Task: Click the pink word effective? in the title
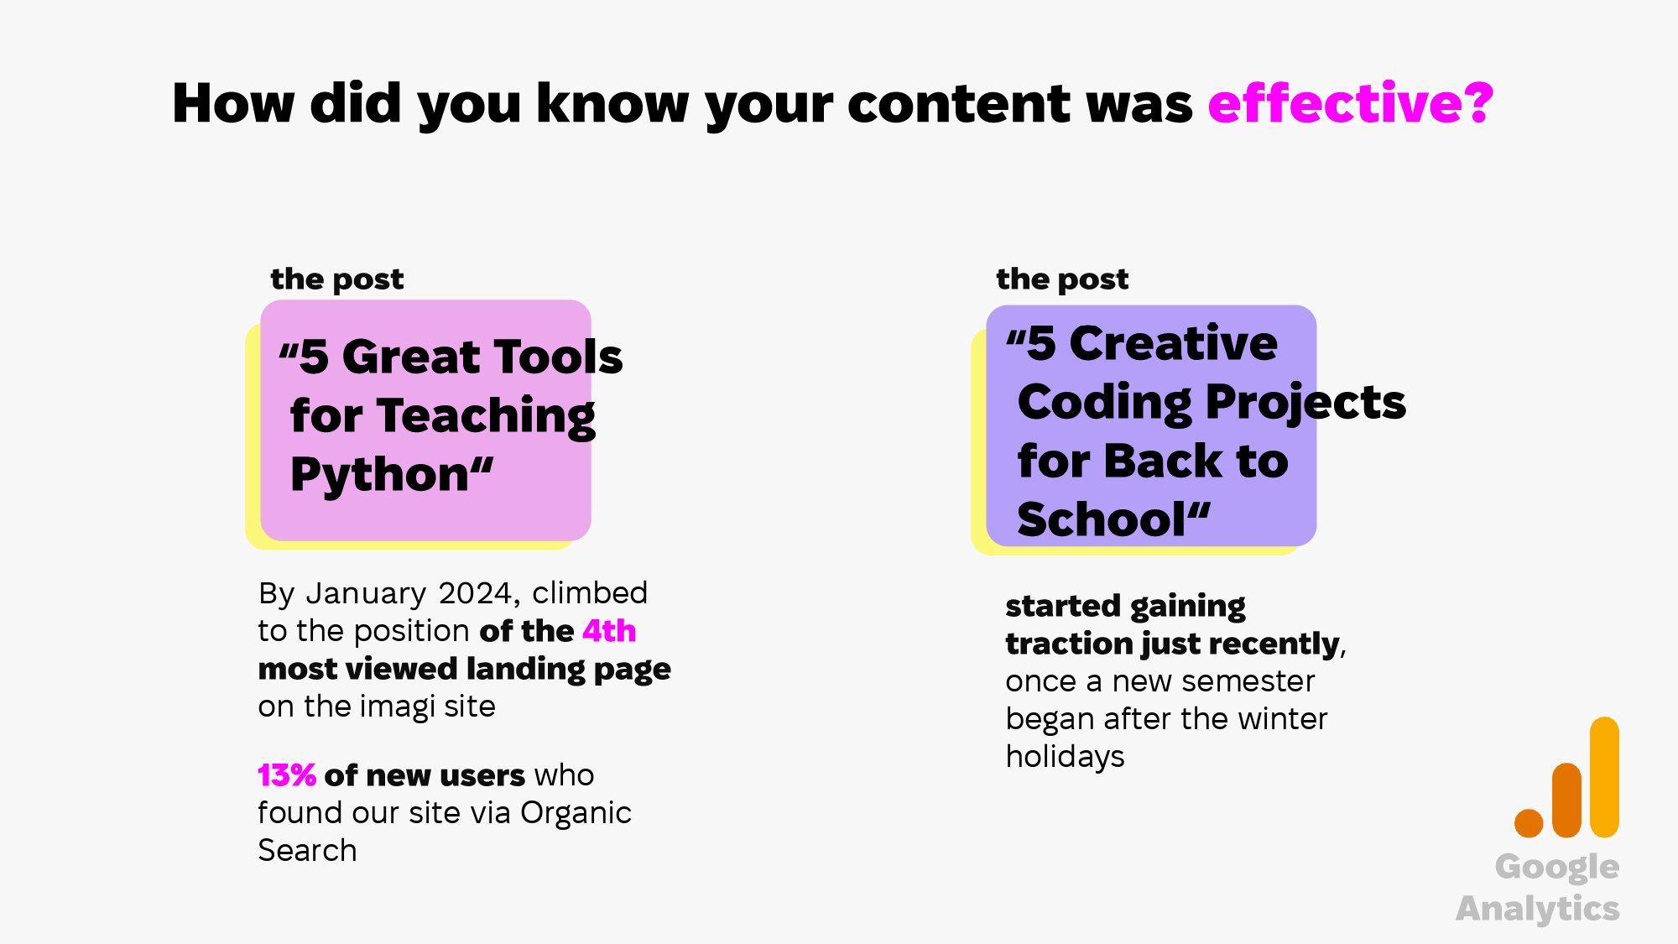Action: (x=1350, y=104)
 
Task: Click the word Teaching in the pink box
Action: (x=487, y=416)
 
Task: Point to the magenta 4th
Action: (x=609, y=631)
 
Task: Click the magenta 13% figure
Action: (x=286, y=775)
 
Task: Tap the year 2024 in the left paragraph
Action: (x=475, y=593)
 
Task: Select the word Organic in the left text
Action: (x=576, y=813)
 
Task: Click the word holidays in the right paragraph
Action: (x=1065, y=757)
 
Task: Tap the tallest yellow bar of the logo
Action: (x=1604, y=776)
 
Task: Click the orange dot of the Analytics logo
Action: (x=1529, y=823)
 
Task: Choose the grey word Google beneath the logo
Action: (x=1556, y=868)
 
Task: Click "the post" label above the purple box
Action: (x=1061, y=279)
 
